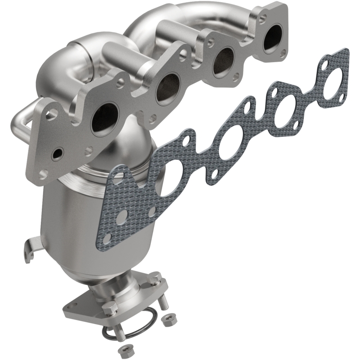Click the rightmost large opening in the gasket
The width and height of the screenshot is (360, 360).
[332, 78]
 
